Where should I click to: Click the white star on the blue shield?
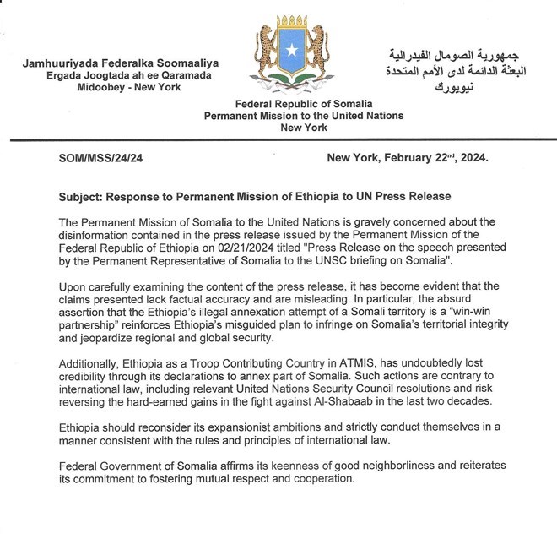(292, 52)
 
